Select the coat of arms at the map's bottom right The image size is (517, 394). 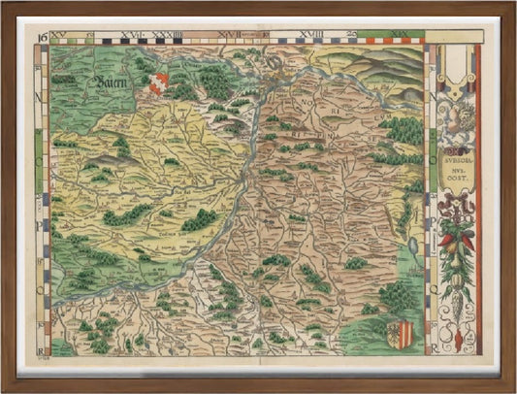[404, 334]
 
